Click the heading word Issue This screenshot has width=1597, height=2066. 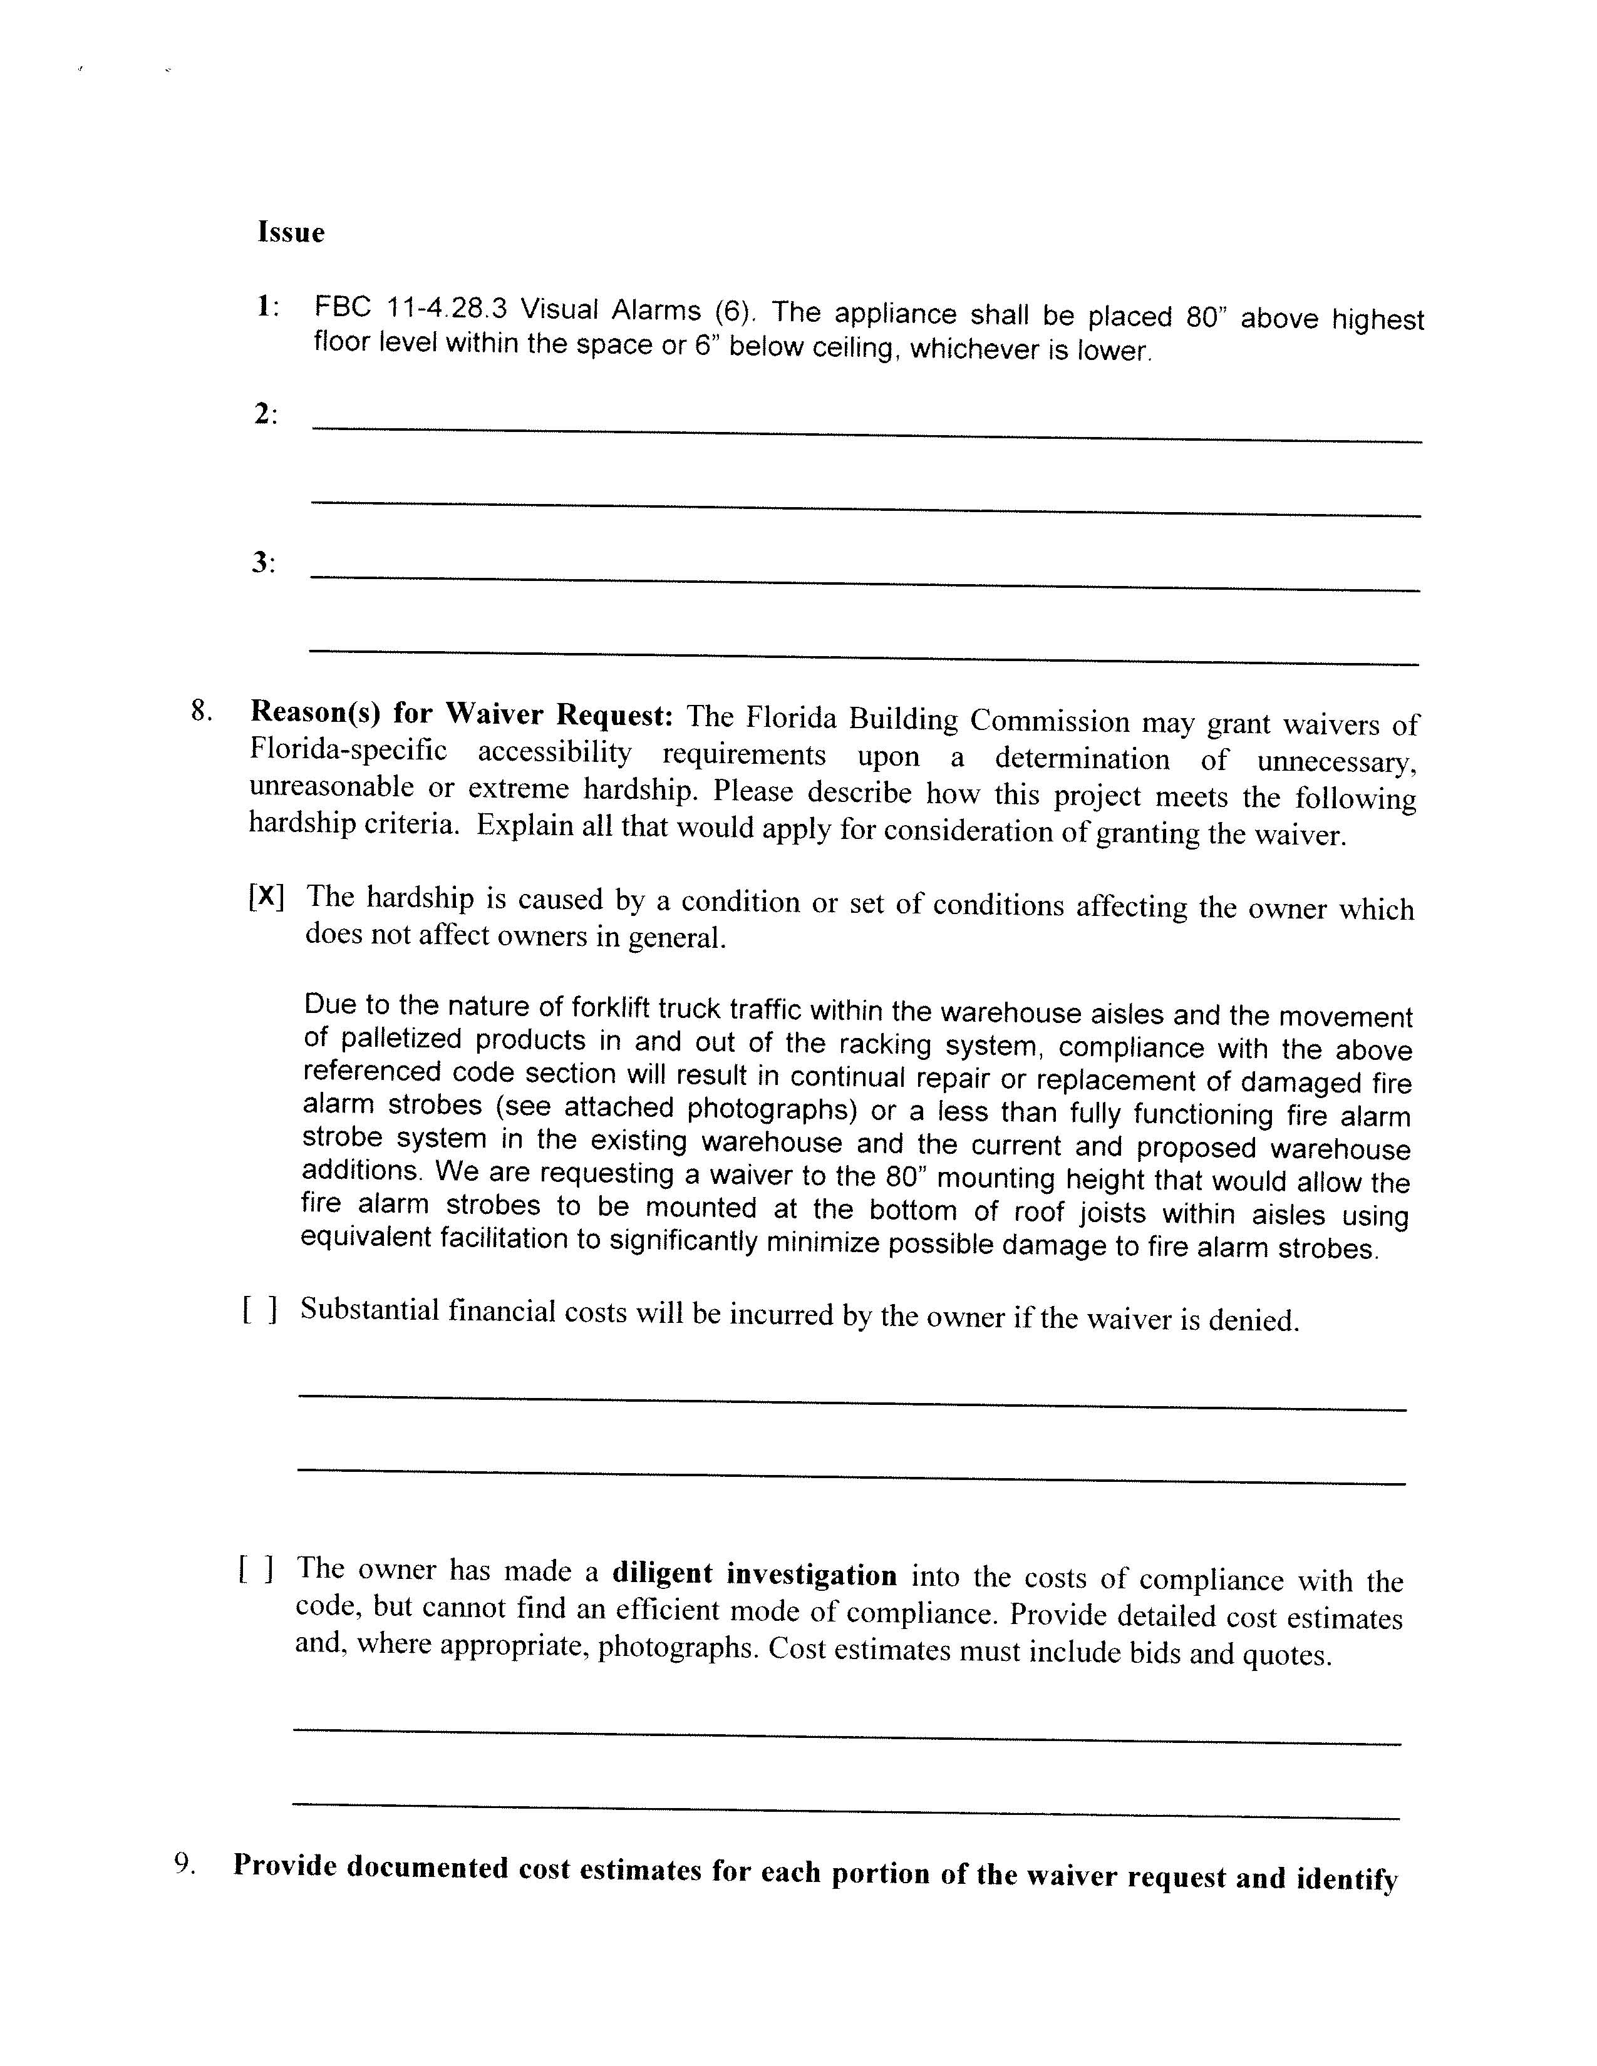pos(291,233)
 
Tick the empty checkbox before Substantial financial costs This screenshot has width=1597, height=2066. pos(259,1309)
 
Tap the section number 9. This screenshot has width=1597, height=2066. pos(185,1864)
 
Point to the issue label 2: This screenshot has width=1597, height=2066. pos(266,413)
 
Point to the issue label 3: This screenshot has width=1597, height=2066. pos(264,563)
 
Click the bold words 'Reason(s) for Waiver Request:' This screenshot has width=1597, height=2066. pos(461,714)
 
